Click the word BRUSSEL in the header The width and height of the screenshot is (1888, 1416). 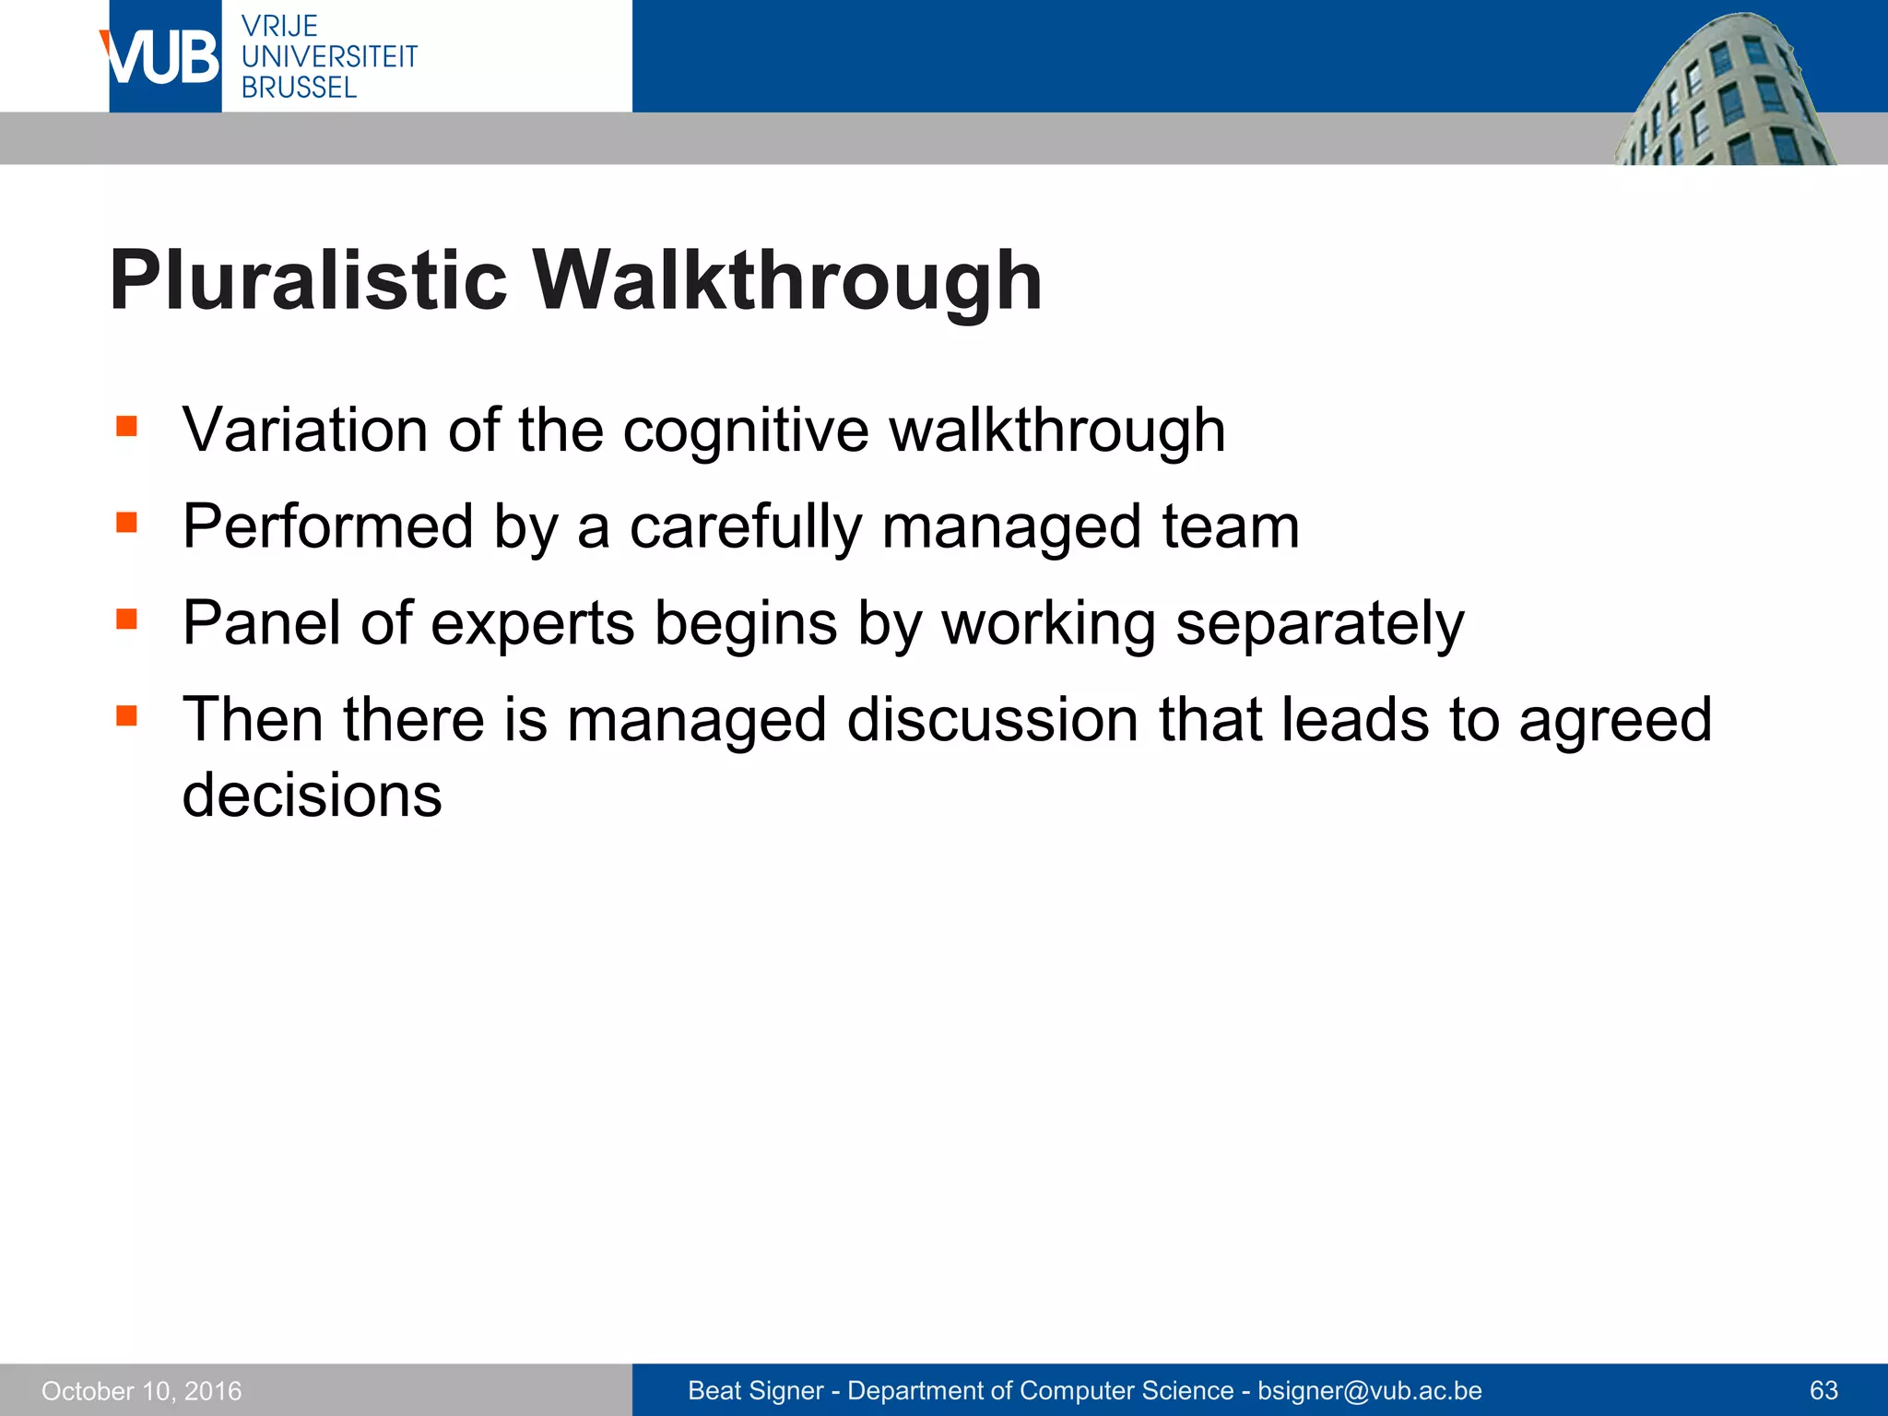coord(299,88)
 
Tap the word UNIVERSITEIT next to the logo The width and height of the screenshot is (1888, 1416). coord(329,57)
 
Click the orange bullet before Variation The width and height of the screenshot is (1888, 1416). coord(126,427)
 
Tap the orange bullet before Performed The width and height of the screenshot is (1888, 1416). coord(126,524)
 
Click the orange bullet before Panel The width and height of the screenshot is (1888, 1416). coord(126,619)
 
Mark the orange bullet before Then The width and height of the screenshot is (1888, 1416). coord(126,715)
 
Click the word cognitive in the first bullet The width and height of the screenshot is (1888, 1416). coord(746,431)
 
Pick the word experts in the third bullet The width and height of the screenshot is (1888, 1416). coord(532,624)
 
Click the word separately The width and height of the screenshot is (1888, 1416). coord(1319,624)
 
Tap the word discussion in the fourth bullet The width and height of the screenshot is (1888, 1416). coord(992,720)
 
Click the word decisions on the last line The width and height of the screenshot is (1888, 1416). coord(312,795)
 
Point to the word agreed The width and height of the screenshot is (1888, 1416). coord(1614,722)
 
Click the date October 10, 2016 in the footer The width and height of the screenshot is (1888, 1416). coord(142,1391)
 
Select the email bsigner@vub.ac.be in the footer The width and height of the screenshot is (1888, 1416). coord(1370,1391)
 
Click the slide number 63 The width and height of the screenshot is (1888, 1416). coord(1823,1390)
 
